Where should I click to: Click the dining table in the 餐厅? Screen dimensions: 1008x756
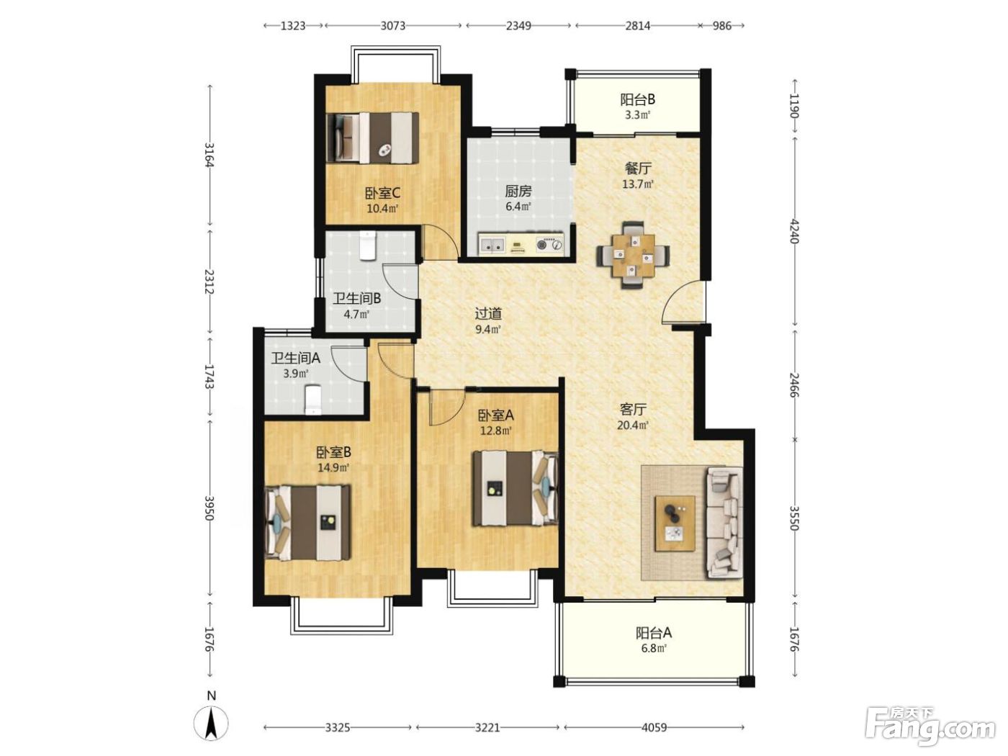(x=633, y=255)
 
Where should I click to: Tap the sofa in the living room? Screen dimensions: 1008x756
(x=725, y=522)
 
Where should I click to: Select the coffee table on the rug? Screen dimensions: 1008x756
(x=675, y=523)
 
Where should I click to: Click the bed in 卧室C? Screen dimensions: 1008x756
(x=373, y=138)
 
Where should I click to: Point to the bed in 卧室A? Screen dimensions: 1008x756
(x=516, y=488)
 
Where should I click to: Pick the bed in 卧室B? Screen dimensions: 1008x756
(x=308, y=523)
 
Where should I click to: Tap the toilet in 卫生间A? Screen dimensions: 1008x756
(x=312, y=400)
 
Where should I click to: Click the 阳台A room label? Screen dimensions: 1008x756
(x=654, y=633)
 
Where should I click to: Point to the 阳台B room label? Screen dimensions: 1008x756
(x=638, y=99)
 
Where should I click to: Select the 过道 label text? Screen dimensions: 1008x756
(x=488, y=314)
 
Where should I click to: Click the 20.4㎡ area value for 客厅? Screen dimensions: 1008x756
(x=633, y=425)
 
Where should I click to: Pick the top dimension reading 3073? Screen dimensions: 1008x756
(x=392, y=26)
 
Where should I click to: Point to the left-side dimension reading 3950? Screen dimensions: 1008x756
(x=209, y=508)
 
